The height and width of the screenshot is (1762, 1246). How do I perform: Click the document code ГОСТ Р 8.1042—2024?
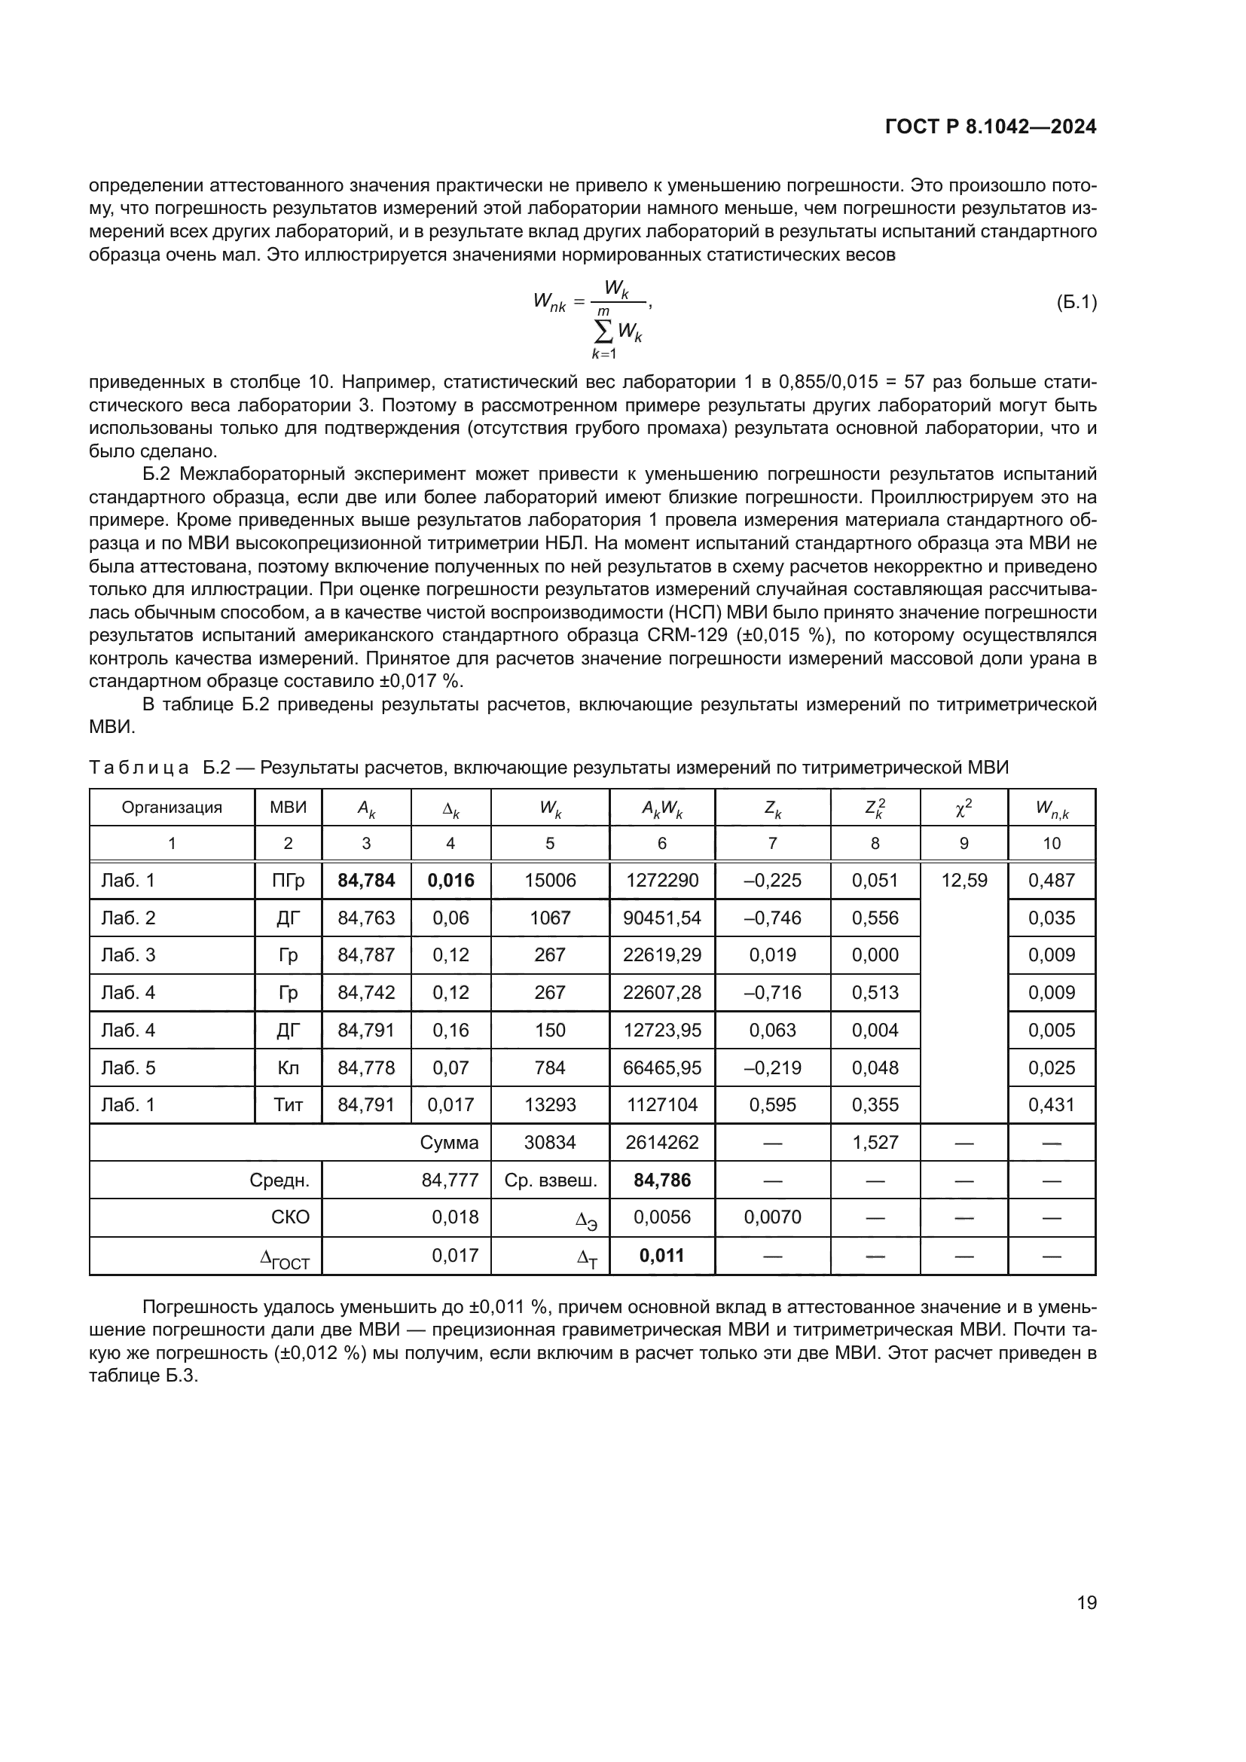991,127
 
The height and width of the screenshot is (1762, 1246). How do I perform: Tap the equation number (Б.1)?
1077,302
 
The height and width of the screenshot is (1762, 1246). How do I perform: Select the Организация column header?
172,807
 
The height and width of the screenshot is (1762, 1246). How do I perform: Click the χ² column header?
964,807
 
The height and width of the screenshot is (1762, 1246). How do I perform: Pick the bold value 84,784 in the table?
366,880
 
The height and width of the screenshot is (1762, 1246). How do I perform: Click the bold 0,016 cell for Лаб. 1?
450,880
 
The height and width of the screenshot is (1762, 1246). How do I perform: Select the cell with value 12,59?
964,880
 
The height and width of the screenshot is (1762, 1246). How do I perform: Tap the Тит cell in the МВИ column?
288,1104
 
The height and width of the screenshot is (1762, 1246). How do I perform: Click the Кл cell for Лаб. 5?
288,1067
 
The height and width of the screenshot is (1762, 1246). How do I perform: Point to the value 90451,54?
662,918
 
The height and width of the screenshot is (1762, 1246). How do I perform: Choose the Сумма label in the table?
450,1142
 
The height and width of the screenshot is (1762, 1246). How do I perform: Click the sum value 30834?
550,1142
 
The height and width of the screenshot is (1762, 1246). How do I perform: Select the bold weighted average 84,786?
662,1180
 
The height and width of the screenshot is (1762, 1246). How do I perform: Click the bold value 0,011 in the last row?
661,1256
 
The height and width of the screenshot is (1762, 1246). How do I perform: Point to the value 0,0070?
772,1217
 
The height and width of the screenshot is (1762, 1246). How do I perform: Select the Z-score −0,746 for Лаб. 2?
772,918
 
